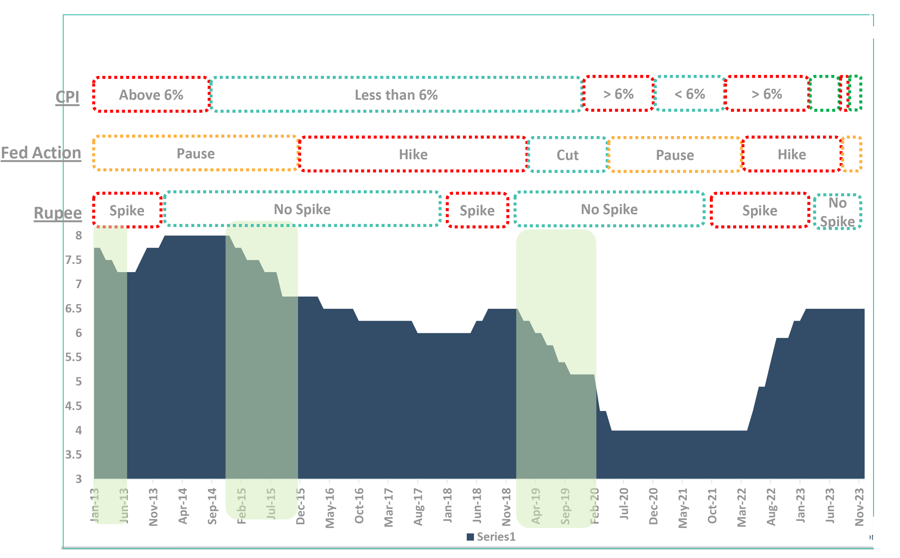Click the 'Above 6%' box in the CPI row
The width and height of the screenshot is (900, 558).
[151, 95]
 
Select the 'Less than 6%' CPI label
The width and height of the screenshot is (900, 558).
[396, 95]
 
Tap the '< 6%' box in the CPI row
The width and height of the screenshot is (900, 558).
[690, 94]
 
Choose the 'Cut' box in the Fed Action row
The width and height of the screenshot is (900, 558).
[567, 155]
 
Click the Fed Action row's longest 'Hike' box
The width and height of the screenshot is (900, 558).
[413, 154]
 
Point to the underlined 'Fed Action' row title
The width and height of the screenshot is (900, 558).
[41, 153]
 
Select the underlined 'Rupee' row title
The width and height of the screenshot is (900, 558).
[58, 213]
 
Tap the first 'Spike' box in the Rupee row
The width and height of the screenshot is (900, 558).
[127, 210]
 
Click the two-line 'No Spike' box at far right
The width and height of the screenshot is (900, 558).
[837, 212]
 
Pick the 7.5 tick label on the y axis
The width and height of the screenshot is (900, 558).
[73, 260]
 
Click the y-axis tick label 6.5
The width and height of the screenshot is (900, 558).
[73, 308]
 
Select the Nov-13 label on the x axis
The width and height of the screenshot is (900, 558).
[153, 506]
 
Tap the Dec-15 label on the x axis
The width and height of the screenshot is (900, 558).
[301, 506]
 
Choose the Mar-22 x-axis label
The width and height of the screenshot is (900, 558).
[742, 507]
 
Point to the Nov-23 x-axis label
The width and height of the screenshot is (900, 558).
[859, 506]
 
